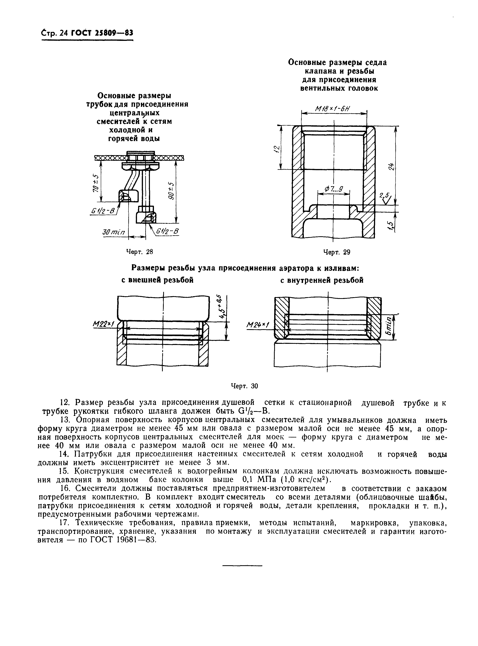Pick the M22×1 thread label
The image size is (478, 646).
tap(103, 325)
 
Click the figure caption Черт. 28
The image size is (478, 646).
tap(139, 252)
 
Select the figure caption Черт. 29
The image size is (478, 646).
tap(337, 252)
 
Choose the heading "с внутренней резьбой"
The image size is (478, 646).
tap(322, 280)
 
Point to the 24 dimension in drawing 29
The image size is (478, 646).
tap(391, 167)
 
